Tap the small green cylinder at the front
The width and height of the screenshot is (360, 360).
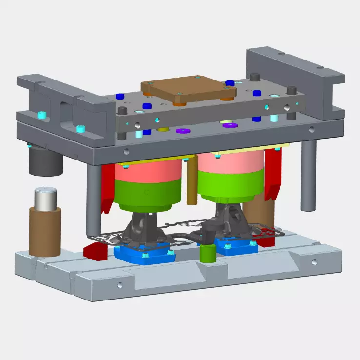[x=208, y=253]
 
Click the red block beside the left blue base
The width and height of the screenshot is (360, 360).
[x=95, y=250]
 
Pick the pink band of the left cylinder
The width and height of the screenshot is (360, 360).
[x=147, y=173]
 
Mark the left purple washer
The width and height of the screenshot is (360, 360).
[x=183, y=131]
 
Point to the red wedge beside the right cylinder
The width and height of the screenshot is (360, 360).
[x=273, y=173]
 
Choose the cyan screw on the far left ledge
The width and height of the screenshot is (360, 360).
[x=42, y=115]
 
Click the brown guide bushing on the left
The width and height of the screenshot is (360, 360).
[x=45, y=229]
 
